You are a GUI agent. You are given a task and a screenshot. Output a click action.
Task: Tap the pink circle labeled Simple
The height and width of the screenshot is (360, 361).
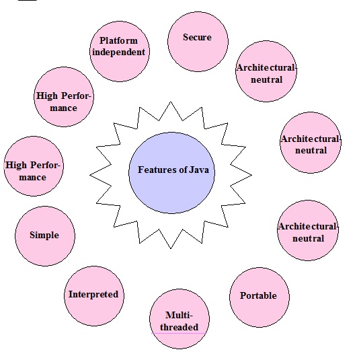point(45,236)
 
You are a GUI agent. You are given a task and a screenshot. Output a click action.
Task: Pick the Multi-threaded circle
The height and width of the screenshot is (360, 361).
point(179,320)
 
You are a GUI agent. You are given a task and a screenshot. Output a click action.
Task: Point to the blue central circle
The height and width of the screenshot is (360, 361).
point(173,170)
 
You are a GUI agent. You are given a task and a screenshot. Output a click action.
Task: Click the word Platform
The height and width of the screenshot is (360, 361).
point(119,41)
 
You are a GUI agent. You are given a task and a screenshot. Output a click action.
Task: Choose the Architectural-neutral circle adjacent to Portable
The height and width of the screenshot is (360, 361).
point(309,230)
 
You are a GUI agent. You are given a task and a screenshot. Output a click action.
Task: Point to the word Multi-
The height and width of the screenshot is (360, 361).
point(179,315)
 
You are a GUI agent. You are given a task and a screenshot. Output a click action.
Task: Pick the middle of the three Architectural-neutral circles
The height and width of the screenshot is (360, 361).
point(311,143)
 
